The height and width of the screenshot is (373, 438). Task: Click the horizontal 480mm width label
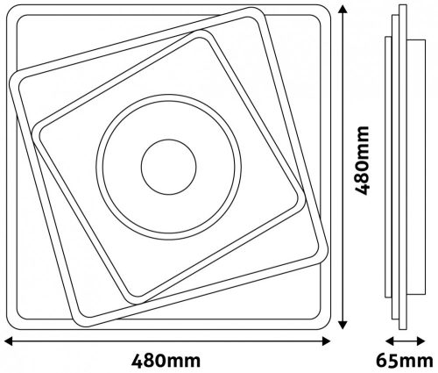click(166, 361)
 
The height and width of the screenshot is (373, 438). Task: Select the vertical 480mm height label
click(362, 161)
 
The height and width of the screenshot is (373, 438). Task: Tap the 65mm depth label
click(405, 361)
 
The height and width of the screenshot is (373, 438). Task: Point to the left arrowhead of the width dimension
click(9, 341)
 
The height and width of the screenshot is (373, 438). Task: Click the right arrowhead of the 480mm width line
click(326, 341)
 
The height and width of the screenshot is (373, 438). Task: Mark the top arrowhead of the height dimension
click(343, 9)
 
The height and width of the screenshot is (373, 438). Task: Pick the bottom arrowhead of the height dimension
click(343, 325)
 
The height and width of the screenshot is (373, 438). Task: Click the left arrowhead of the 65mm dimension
click(390, 341)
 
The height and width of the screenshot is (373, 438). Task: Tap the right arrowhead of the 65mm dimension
click(420, 341)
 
